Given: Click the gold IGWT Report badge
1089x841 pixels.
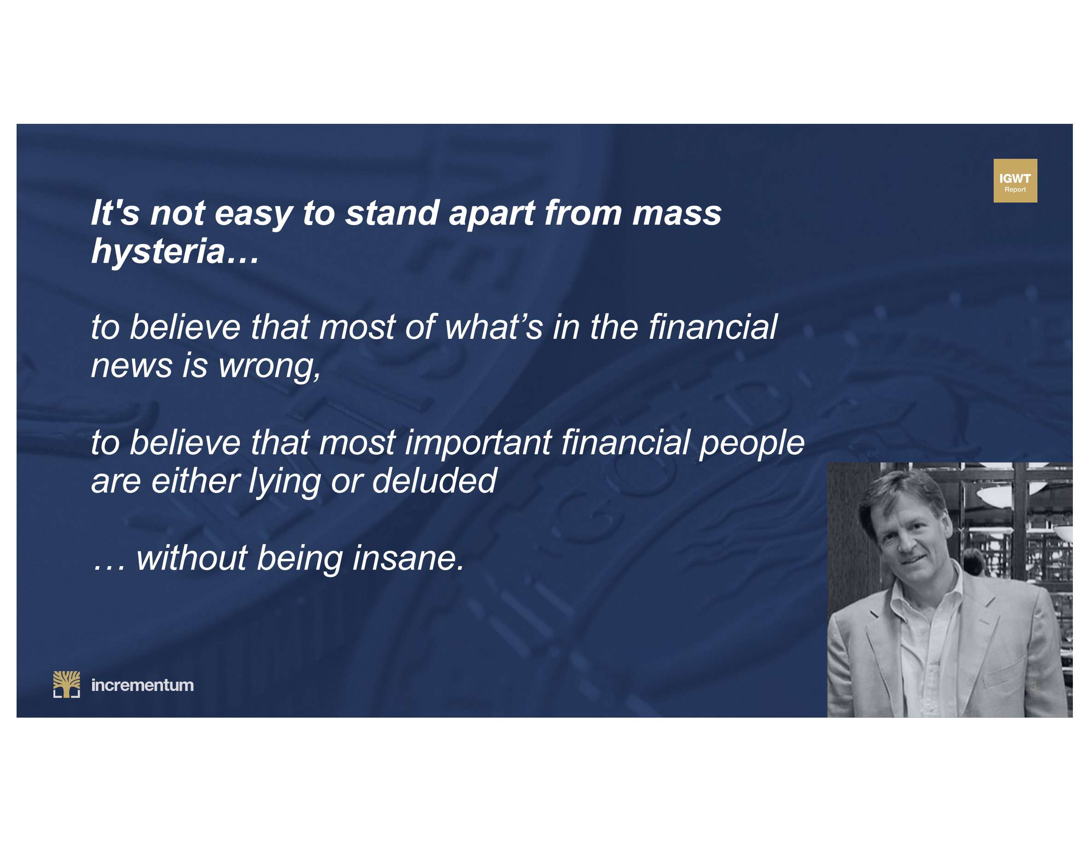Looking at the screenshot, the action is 1015,180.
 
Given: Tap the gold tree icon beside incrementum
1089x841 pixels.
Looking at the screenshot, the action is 66,684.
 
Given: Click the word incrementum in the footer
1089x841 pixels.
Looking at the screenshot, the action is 142,685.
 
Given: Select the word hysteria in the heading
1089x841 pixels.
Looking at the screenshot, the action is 158,252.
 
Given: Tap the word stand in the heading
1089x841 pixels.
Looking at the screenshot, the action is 392,214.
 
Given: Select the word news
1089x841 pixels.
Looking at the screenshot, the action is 131,366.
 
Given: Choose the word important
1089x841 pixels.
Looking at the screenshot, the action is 478,443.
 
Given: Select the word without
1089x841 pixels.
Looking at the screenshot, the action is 192,558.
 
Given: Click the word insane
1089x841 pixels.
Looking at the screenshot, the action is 408,558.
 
